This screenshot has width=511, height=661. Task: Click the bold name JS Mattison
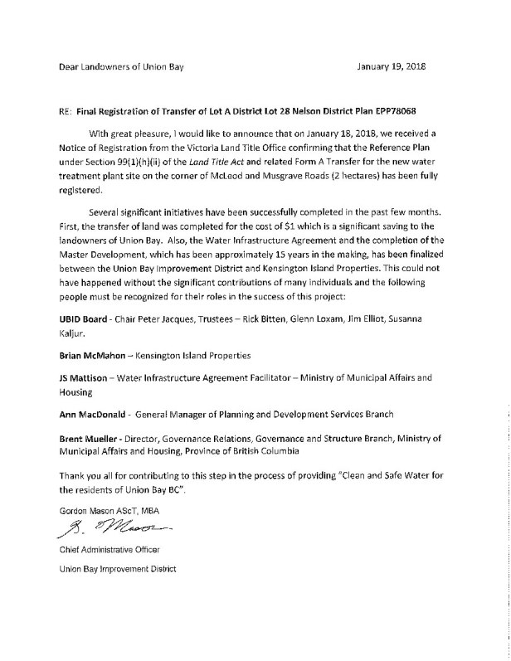88,377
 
